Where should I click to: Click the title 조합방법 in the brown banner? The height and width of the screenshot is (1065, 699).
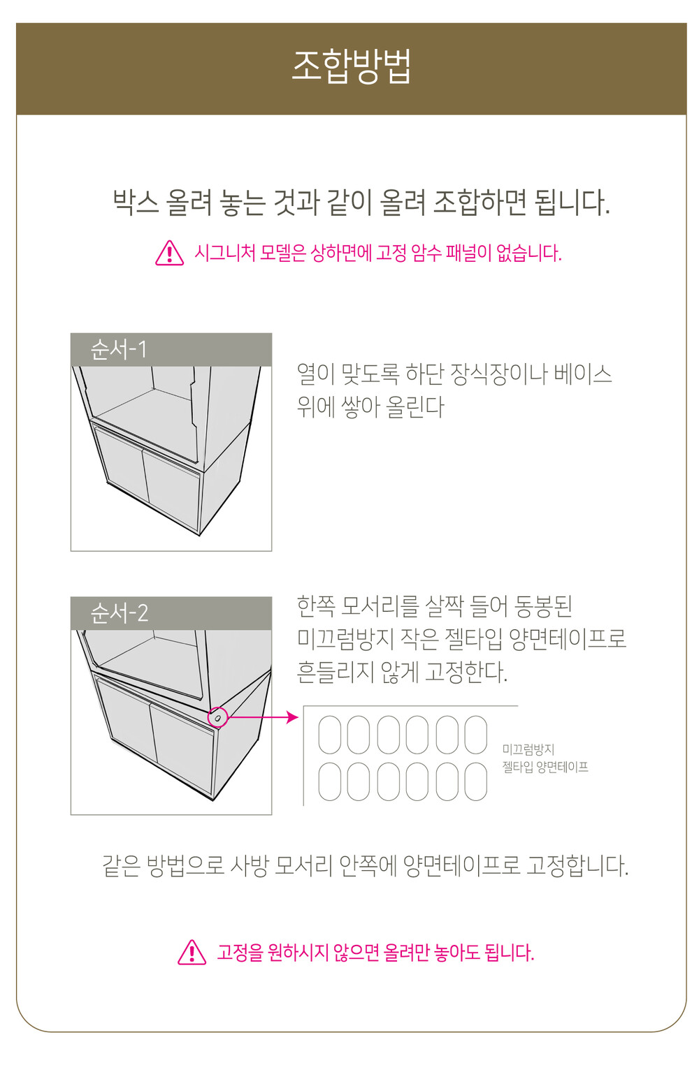tap(351, 66)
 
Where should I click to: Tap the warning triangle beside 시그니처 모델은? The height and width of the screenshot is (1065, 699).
tap(169, 253)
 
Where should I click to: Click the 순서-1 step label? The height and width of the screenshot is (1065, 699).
tap(119, 349)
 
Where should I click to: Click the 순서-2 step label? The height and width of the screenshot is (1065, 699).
tap(120, 613)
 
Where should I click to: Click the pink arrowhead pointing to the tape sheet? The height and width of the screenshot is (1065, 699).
tap(293, 717)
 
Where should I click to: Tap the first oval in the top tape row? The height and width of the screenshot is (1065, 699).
tap(329, 735)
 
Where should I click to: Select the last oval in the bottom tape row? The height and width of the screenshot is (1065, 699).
tap(475, 781)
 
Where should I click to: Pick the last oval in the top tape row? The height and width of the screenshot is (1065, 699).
tap(475, 735)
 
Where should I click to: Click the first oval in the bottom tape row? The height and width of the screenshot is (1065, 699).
tap(329, 781)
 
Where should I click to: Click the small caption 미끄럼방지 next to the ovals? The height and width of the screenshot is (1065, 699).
tap(528, 749)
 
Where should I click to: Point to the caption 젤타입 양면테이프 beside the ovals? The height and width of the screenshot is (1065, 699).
tap(545, 766)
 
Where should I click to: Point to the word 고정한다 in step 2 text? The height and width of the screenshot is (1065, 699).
tap(466, 672)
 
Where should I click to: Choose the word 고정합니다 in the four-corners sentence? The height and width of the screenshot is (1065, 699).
tap(577, 865)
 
